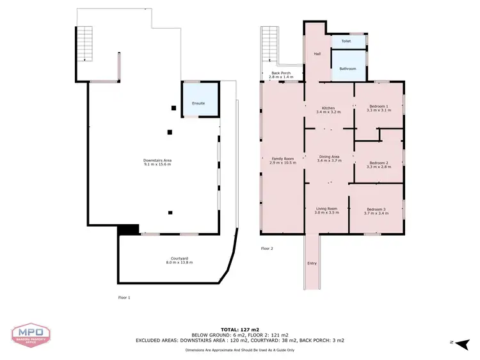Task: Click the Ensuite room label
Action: [198, 103]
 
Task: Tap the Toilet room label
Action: [346, 41]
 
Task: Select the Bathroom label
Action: [348, 69]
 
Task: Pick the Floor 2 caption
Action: [267, 249]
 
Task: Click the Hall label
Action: [317, 54]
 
